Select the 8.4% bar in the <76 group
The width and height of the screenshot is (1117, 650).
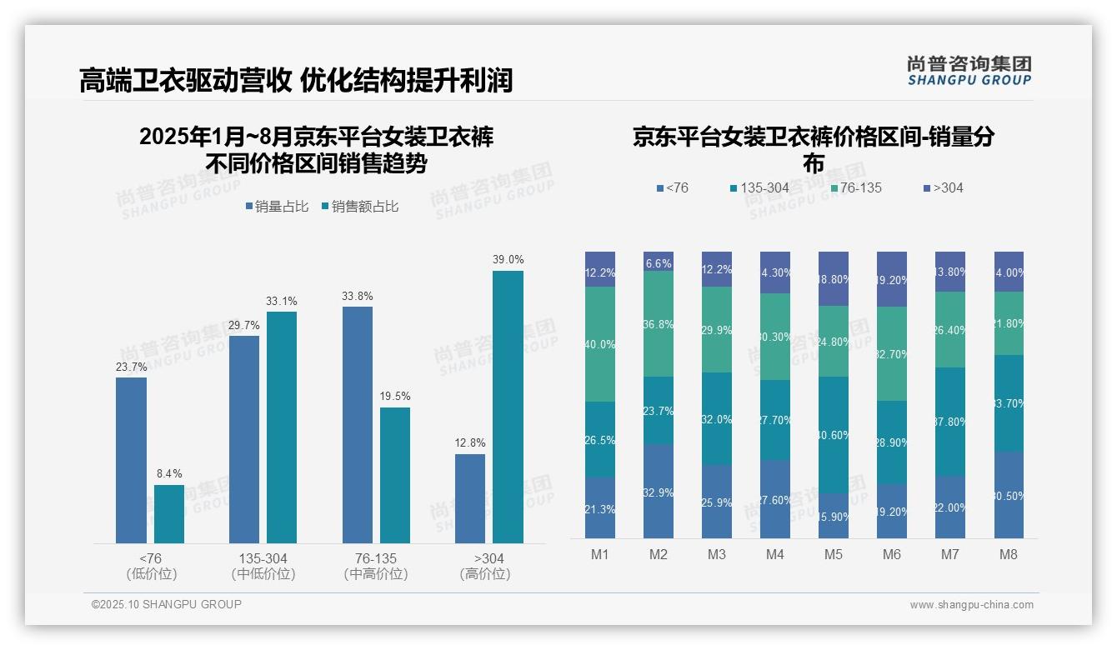[x=169, y=514]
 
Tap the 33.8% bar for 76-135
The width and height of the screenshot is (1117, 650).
[x=358, y=425]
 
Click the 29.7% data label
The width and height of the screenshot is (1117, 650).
[x=244, y=325]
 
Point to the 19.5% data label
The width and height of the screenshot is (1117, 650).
[x=395, y=397]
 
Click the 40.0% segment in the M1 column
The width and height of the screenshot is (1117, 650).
[x=600, y=344]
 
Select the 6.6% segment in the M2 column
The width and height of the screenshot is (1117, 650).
[x=659, y=262]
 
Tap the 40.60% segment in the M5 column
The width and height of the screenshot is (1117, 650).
[x=834, y=435]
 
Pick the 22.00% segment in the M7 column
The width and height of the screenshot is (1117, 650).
[x=950, y=507]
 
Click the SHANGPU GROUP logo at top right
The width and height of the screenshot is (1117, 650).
[x=969, y=71]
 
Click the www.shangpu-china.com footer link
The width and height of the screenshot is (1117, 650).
[x=971, y=605]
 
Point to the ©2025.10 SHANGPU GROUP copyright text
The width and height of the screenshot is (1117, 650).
[x=167, y=604]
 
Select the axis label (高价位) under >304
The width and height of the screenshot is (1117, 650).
[x=485, y=574]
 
